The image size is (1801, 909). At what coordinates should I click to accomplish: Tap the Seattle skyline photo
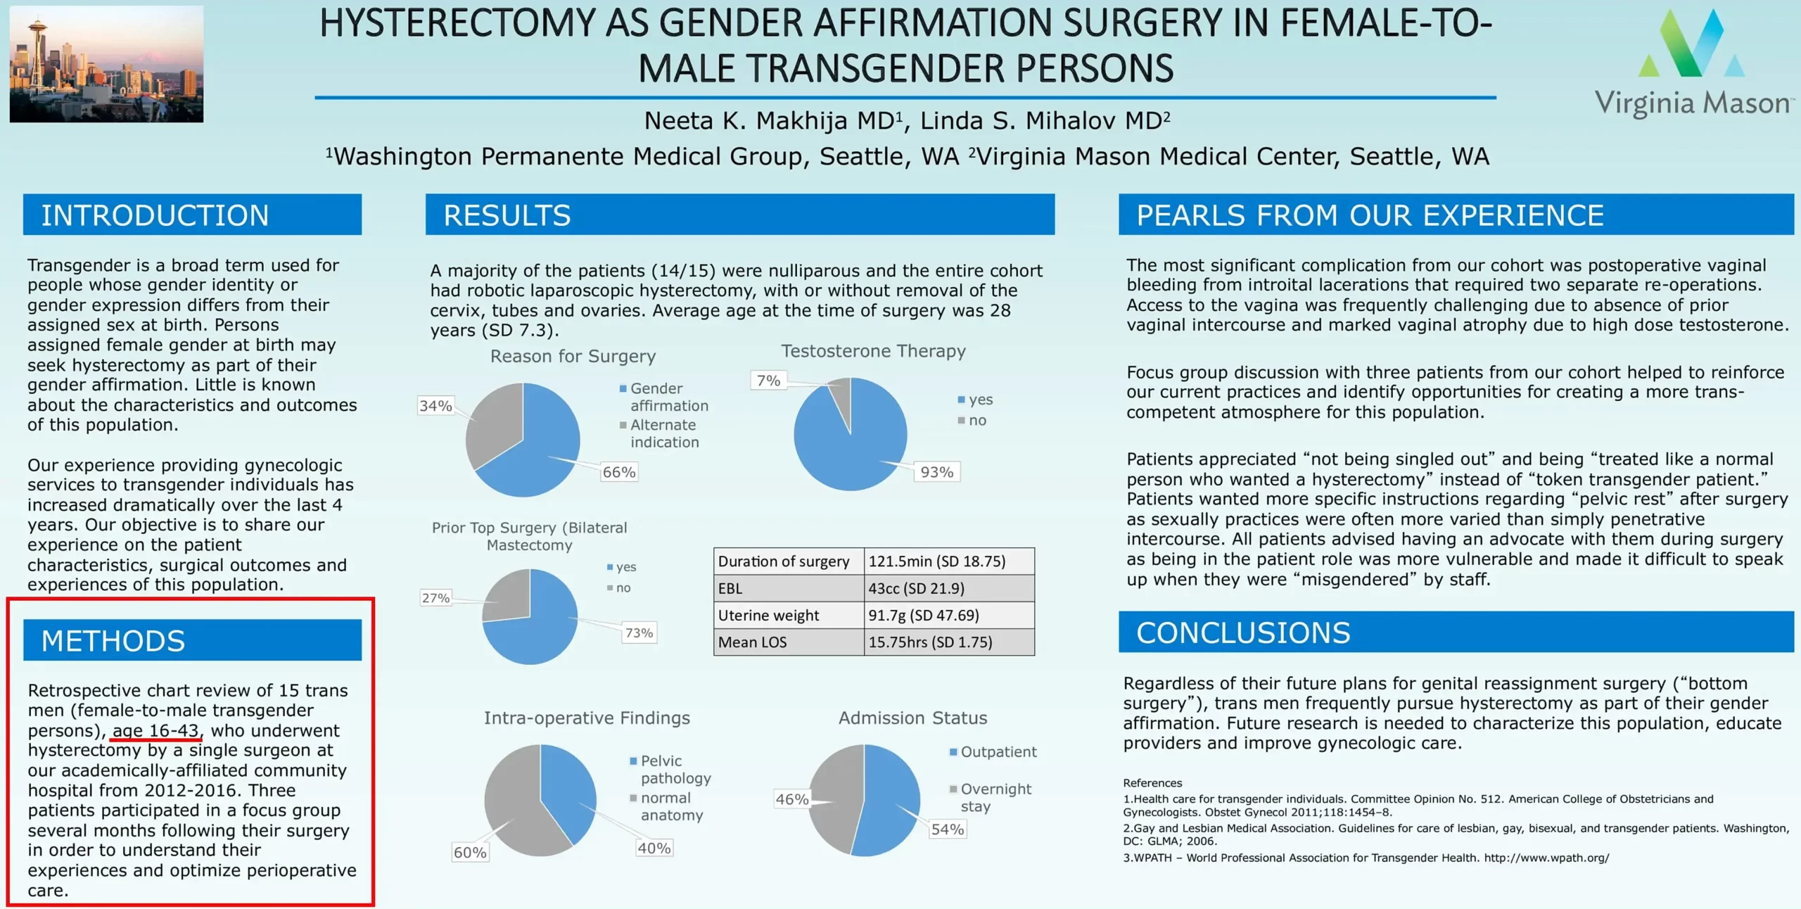106,64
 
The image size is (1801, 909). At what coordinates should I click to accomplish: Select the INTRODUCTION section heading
155,215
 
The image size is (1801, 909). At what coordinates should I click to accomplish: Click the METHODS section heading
113,641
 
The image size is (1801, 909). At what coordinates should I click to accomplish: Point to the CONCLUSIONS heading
1243,633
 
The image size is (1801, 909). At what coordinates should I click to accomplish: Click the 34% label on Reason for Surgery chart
435,406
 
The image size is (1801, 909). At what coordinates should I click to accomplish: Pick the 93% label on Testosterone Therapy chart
937,472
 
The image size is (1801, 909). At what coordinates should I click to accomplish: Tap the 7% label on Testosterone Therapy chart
768,381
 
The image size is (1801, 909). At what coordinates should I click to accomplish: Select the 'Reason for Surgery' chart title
573,357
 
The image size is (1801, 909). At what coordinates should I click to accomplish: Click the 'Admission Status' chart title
912,718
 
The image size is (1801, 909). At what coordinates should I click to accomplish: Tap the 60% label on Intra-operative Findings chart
470,853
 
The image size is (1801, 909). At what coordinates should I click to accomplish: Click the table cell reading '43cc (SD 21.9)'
916,588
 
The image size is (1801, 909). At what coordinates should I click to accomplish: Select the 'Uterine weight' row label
768,616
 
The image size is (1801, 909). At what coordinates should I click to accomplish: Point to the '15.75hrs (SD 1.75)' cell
930,642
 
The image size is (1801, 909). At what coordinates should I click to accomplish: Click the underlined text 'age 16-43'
155,731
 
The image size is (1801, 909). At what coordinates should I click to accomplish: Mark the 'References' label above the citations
1152,783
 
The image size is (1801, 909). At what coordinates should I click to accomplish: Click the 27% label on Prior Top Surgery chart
435,598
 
